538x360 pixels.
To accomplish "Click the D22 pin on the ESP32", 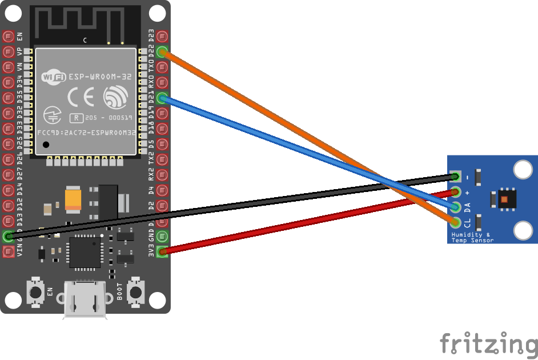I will coord(162,52).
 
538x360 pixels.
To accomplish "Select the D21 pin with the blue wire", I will coord(162,98).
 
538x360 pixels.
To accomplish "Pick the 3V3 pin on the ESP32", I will coord(162,251).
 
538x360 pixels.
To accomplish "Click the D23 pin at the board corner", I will coord(162,37).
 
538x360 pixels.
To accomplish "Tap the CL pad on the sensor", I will coord(455,222).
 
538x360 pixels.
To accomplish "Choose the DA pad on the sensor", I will coord(455,206).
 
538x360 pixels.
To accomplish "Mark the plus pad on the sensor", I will coord(455,191).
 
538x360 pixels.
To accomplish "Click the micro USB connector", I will coord(85,298).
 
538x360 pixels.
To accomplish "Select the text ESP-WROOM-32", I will coord(101,76).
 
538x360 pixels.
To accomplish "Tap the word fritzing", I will coord(488,343).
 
